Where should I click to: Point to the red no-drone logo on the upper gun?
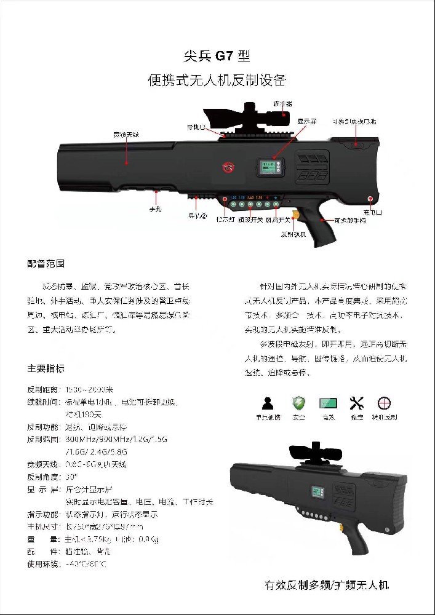point(229,166)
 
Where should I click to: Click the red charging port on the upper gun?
point(370,199)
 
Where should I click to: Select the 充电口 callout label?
point(372,212)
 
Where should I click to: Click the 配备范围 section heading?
point(46,263)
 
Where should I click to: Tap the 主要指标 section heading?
point(46,369)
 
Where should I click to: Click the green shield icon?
point(298,403)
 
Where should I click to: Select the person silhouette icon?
point(268,403)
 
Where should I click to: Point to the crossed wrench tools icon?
point(357,403)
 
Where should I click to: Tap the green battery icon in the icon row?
point(328,403)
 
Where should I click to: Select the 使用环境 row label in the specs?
point(44,563)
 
